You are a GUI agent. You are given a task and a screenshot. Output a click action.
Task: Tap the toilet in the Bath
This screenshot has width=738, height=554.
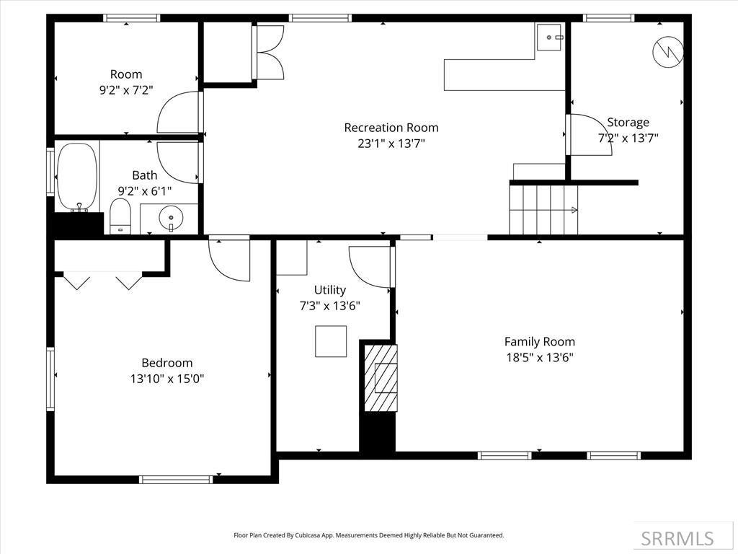tap(120, 216)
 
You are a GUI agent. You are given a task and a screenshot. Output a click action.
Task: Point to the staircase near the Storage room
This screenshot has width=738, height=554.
tap(544, 209)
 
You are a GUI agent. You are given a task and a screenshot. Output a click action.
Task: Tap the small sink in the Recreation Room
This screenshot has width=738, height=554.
tap(549, 36)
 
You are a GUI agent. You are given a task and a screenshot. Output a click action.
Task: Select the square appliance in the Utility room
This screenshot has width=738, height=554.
tap(330, 341)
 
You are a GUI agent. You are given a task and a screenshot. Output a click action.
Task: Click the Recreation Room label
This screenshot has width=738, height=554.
tap(391, 128)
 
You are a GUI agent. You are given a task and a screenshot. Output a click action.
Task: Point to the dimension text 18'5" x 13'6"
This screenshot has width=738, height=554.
tap(539, 357)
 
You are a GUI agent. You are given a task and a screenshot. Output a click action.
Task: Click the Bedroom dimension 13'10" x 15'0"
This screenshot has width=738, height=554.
tap(166, 379)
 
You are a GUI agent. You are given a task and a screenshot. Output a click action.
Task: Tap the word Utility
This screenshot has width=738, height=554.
tap(329, 290)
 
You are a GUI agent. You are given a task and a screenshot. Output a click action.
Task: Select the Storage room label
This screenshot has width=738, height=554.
tap(628, 123)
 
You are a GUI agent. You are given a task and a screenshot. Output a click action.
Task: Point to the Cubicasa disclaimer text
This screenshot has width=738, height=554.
tap(368, 535)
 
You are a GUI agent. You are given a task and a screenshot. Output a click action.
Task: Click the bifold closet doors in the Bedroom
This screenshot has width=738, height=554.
tap(103, 280)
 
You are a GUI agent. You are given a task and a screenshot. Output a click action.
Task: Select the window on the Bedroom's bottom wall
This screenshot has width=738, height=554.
tap(176, 479)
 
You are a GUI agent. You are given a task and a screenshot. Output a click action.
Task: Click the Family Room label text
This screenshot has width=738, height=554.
tap(539, 342)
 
